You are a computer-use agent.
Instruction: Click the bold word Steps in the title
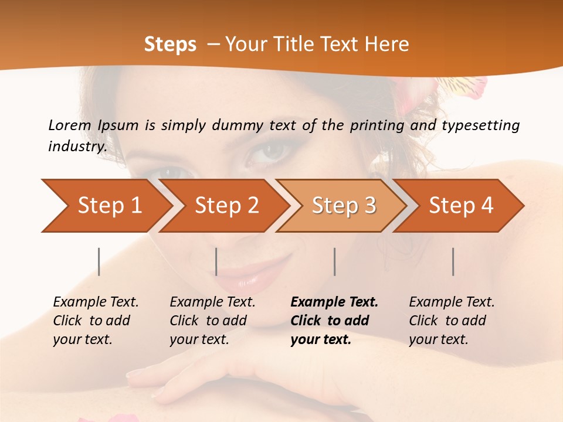[170, 45]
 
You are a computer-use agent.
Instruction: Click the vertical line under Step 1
[99, 261]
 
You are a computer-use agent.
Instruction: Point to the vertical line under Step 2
[216, 261]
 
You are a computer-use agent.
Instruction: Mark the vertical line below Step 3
[334, 261]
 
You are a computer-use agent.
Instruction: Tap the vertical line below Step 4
[453, 261]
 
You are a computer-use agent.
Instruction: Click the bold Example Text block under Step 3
[334, 321]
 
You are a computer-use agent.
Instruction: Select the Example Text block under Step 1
[96, 321]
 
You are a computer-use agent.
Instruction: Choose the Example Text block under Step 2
[212, 321]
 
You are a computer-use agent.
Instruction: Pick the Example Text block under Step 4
[452, 321]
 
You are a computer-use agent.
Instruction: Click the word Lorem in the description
[70, 125]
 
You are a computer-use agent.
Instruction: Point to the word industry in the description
[77, 147]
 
